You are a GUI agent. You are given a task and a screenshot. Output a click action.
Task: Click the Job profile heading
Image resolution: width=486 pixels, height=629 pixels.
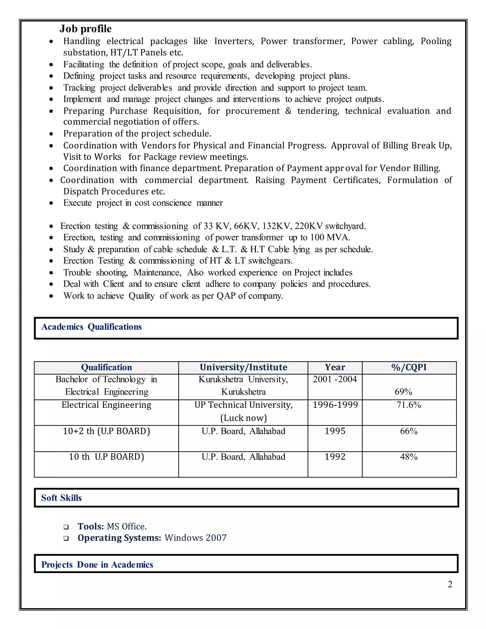85,29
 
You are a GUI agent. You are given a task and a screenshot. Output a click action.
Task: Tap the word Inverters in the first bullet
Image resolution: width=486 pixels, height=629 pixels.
234,41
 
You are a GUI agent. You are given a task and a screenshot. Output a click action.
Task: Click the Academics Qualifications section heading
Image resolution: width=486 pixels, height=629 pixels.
92,327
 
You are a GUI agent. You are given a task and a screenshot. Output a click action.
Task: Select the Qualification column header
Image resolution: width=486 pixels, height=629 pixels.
106,367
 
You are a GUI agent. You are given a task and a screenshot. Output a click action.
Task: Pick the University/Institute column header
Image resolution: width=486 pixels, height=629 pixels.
243,367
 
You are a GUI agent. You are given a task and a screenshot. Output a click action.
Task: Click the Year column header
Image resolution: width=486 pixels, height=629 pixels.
335,367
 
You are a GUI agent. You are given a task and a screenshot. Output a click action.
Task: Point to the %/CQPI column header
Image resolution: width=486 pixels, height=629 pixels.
409,367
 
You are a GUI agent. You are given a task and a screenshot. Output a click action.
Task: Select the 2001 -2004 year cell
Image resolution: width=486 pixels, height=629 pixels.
335,379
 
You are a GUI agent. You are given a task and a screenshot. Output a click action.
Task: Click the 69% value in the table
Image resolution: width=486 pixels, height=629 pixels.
403,392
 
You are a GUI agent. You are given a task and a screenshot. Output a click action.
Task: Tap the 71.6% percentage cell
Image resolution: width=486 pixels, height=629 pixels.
409,405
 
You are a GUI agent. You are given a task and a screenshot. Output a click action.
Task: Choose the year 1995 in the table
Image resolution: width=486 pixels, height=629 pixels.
335,431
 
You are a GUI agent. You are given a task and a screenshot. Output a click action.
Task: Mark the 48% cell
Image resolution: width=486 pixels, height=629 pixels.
409,457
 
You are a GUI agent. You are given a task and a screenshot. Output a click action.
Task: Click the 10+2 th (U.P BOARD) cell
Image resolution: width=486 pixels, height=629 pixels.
106,431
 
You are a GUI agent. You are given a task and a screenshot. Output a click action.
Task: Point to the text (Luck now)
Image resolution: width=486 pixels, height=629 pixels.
243,418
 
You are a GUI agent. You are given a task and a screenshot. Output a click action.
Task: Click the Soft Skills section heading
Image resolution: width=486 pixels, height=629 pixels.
61,498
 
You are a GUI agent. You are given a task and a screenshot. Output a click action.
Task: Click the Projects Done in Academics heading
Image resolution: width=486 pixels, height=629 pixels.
97,564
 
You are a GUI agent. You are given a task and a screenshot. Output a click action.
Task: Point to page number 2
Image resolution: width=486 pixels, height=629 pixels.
450,584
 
